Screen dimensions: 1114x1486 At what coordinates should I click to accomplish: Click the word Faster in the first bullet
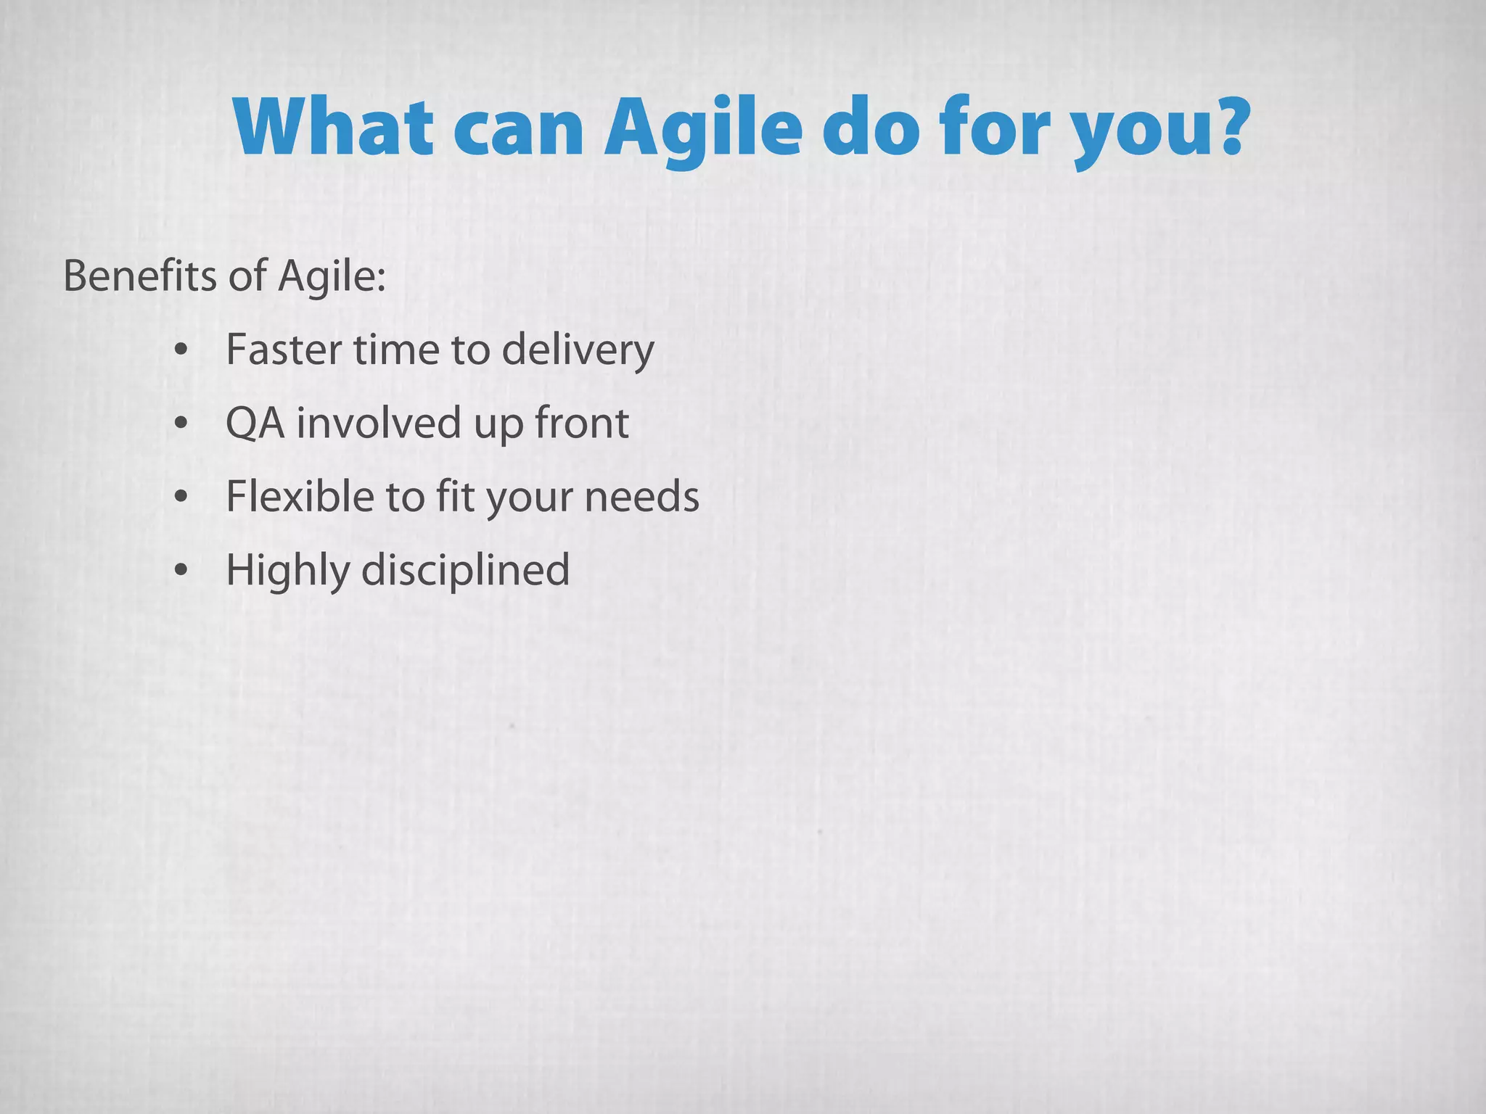point(285,350)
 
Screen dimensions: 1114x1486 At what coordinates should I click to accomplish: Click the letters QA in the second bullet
point(255,424)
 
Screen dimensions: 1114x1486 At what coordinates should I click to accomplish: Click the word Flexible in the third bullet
point(300,497)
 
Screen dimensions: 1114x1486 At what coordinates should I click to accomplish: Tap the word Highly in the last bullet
point(287,572)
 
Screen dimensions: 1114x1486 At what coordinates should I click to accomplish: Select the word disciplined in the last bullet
point(465,570)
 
